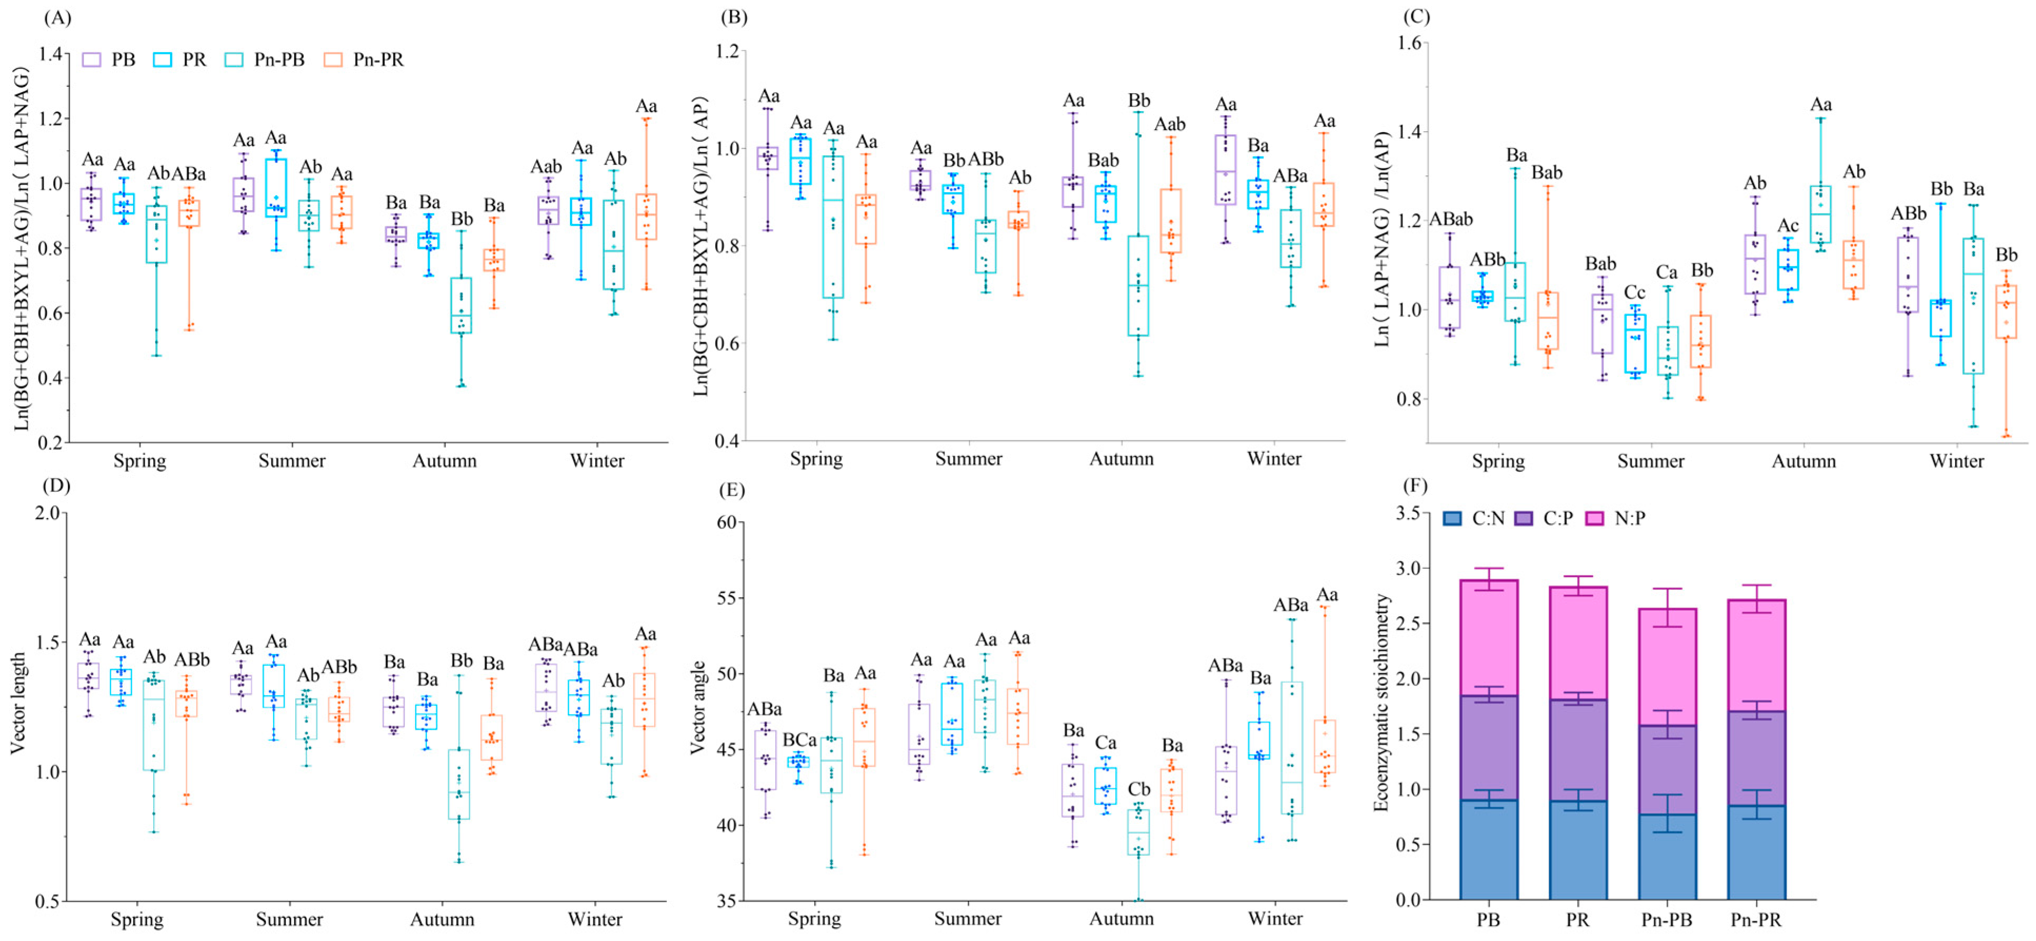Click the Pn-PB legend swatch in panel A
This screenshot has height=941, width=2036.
(234, 60)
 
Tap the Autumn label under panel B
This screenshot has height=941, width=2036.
(1121, 459)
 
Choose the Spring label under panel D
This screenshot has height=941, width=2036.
(137, 919)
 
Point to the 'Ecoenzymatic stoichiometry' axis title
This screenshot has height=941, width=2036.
(1381, 702)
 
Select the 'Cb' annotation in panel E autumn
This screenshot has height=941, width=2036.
(1139, 789)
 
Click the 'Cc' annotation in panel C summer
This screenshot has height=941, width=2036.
(1634, 293)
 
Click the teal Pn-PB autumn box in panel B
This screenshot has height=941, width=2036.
(1138, 285)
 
